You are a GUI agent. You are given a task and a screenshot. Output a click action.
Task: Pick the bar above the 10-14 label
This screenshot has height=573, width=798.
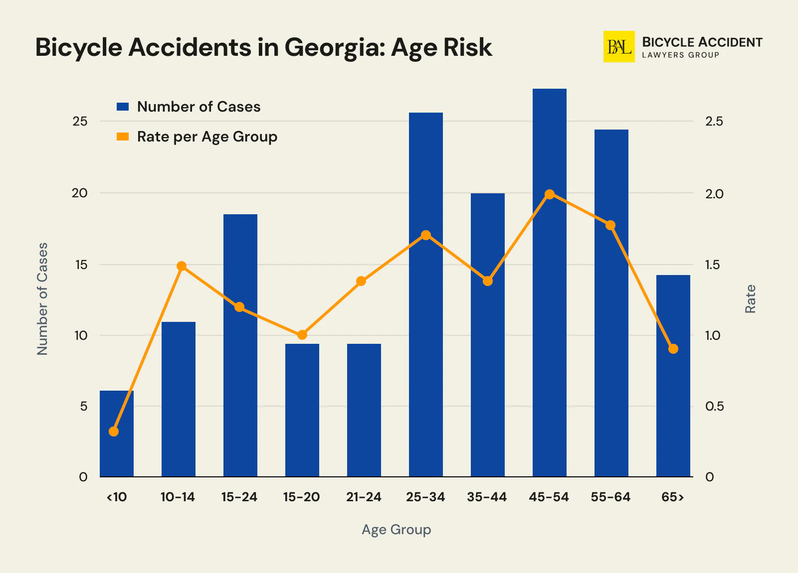178,399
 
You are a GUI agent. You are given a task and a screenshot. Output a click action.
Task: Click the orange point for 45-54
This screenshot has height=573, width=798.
549,194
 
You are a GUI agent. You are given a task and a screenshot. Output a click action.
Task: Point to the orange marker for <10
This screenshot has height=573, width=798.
114,431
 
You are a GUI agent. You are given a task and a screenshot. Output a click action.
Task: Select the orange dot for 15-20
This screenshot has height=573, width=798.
302,335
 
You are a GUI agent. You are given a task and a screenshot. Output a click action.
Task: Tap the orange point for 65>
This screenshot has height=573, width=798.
673,349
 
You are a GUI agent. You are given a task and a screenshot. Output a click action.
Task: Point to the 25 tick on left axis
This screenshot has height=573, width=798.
80,121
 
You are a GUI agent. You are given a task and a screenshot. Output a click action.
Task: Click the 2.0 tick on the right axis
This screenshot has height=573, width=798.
714,194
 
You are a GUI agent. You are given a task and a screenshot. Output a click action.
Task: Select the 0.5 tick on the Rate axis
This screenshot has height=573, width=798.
714,407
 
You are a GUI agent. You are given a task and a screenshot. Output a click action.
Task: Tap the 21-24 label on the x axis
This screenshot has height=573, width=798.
364,497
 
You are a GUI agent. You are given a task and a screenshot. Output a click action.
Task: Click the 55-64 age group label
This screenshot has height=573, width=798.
610,497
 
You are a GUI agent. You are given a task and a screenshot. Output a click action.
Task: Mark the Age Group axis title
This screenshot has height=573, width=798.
396,529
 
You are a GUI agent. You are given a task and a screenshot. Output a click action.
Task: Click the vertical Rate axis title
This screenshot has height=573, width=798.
750,299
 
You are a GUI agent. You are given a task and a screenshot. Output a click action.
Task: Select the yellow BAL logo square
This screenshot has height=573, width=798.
619,47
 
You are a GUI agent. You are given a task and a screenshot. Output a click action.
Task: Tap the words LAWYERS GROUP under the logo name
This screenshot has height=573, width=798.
680,55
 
